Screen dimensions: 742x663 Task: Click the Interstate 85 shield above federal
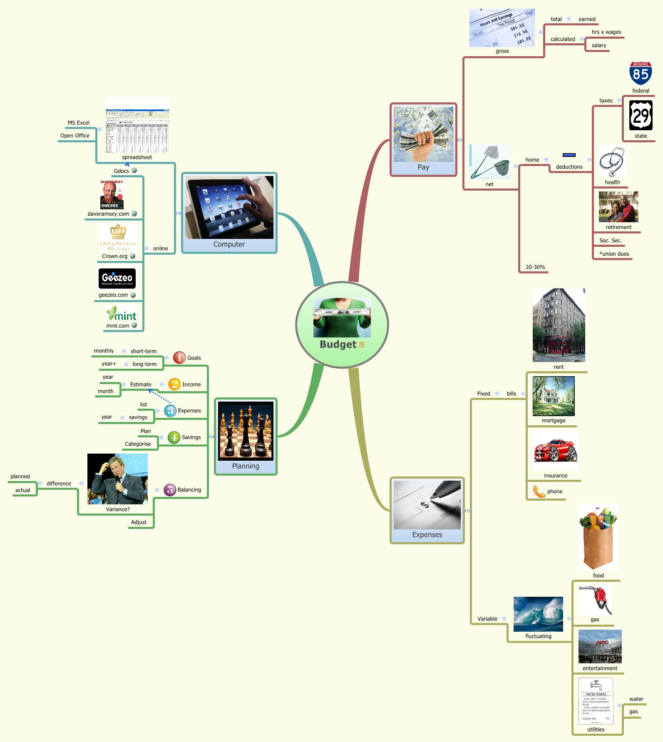(x=640, y=74)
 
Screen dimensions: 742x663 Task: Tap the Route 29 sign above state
(x=641, y=115)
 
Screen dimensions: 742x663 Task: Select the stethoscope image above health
(x=612, y=161)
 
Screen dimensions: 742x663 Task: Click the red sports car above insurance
(x=556, y=450)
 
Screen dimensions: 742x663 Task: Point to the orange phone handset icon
(x=539, y=491)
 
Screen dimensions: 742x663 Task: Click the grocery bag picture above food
(x=598, y=537)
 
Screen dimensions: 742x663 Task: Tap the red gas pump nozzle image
(x=596, y=599)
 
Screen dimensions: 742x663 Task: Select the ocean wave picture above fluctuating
(x=538, y=614)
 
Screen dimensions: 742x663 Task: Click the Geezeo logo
(x=117, y=278)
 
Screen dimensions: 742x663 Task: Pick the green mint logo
(x=122, y=314)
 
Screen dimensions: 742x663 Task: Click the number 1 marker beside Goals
(x=179, y=357)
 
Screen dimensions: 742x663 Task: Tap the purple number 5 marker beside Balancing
(x=170, y=490)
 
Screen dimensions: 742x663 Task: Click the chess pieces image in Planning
(x=246, y=431)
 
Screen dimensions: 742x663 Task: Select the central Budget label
(x=338, y=345)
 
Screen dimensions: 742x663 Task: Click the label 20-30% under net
(x=535, y=267)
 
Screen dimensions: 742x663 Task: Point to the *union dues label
(x=614, y=254)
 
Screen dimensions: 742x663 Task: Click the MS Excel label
(x=78, y=123)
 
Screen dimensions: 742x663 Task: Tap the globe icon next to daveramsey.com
(x=134, y=213)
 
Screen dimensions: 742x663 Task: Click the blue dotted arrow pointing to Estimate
(x=159, y=396)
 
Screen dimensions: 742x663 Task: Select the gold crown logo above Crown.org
(x=118, y=231)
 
